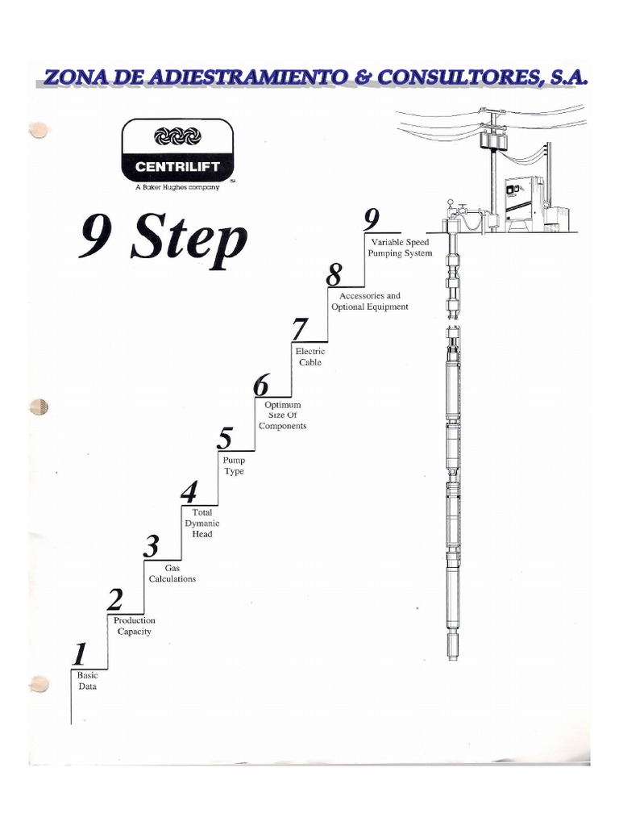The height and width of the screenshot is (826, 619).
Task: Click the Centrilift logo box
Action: click(177, 150)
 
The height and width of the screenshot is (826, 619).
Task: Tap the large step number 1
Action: click(80, 653)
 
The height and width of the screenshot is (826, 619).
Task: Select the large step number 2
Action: click(116, 599)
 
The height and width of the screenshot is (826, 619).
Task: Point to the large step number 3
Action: click(152, 546)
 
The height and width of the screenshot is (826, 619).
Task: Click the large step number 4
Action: click(189, 491)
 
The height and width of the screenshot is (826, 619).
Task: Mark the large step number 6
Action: click(261, 385)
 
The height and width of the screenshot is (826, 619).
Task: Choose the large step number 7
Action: click(300, 330)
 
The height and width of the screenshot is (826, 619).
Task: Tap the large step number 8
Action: click(334, 275)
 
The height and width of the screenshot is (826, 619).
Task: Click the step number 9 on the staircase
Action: click(371, 220)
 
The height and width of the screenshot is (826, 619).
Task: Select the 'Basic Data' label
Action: click(87, 680)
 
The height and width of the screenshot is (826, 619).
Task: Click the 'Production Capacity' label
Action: click(134, 626)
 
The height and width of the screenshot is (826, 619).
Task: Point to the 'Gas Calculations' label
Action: click(172, 574)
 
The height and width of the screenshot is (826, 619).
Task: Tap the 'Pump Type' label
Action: click(234, 465)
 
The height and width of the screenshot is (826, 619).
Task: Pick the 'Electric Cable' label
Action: click(310, 357)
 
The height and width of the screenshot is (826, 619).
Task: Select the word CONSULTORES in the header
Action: click(450, 77)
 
